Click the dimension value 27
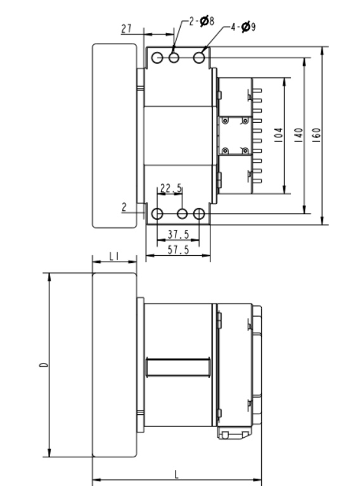click(126, 28)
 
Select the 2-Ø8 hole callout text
click(202, 21)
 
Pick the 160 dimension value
click(316, 136)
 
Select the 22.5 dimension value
click(171, 188)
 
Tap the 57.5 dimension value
click(178, 250)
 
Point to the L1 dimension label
click(115, 256)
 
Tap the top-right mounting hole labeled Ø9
click(199, 58)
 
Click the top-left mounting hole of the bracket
click(158, 58)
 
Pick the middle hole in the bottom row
click(183, 213)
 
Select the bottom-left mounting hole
click(158, 213)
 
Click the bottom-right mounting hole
click(199, 213)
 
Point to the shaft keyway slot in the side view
click(178, 366)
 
